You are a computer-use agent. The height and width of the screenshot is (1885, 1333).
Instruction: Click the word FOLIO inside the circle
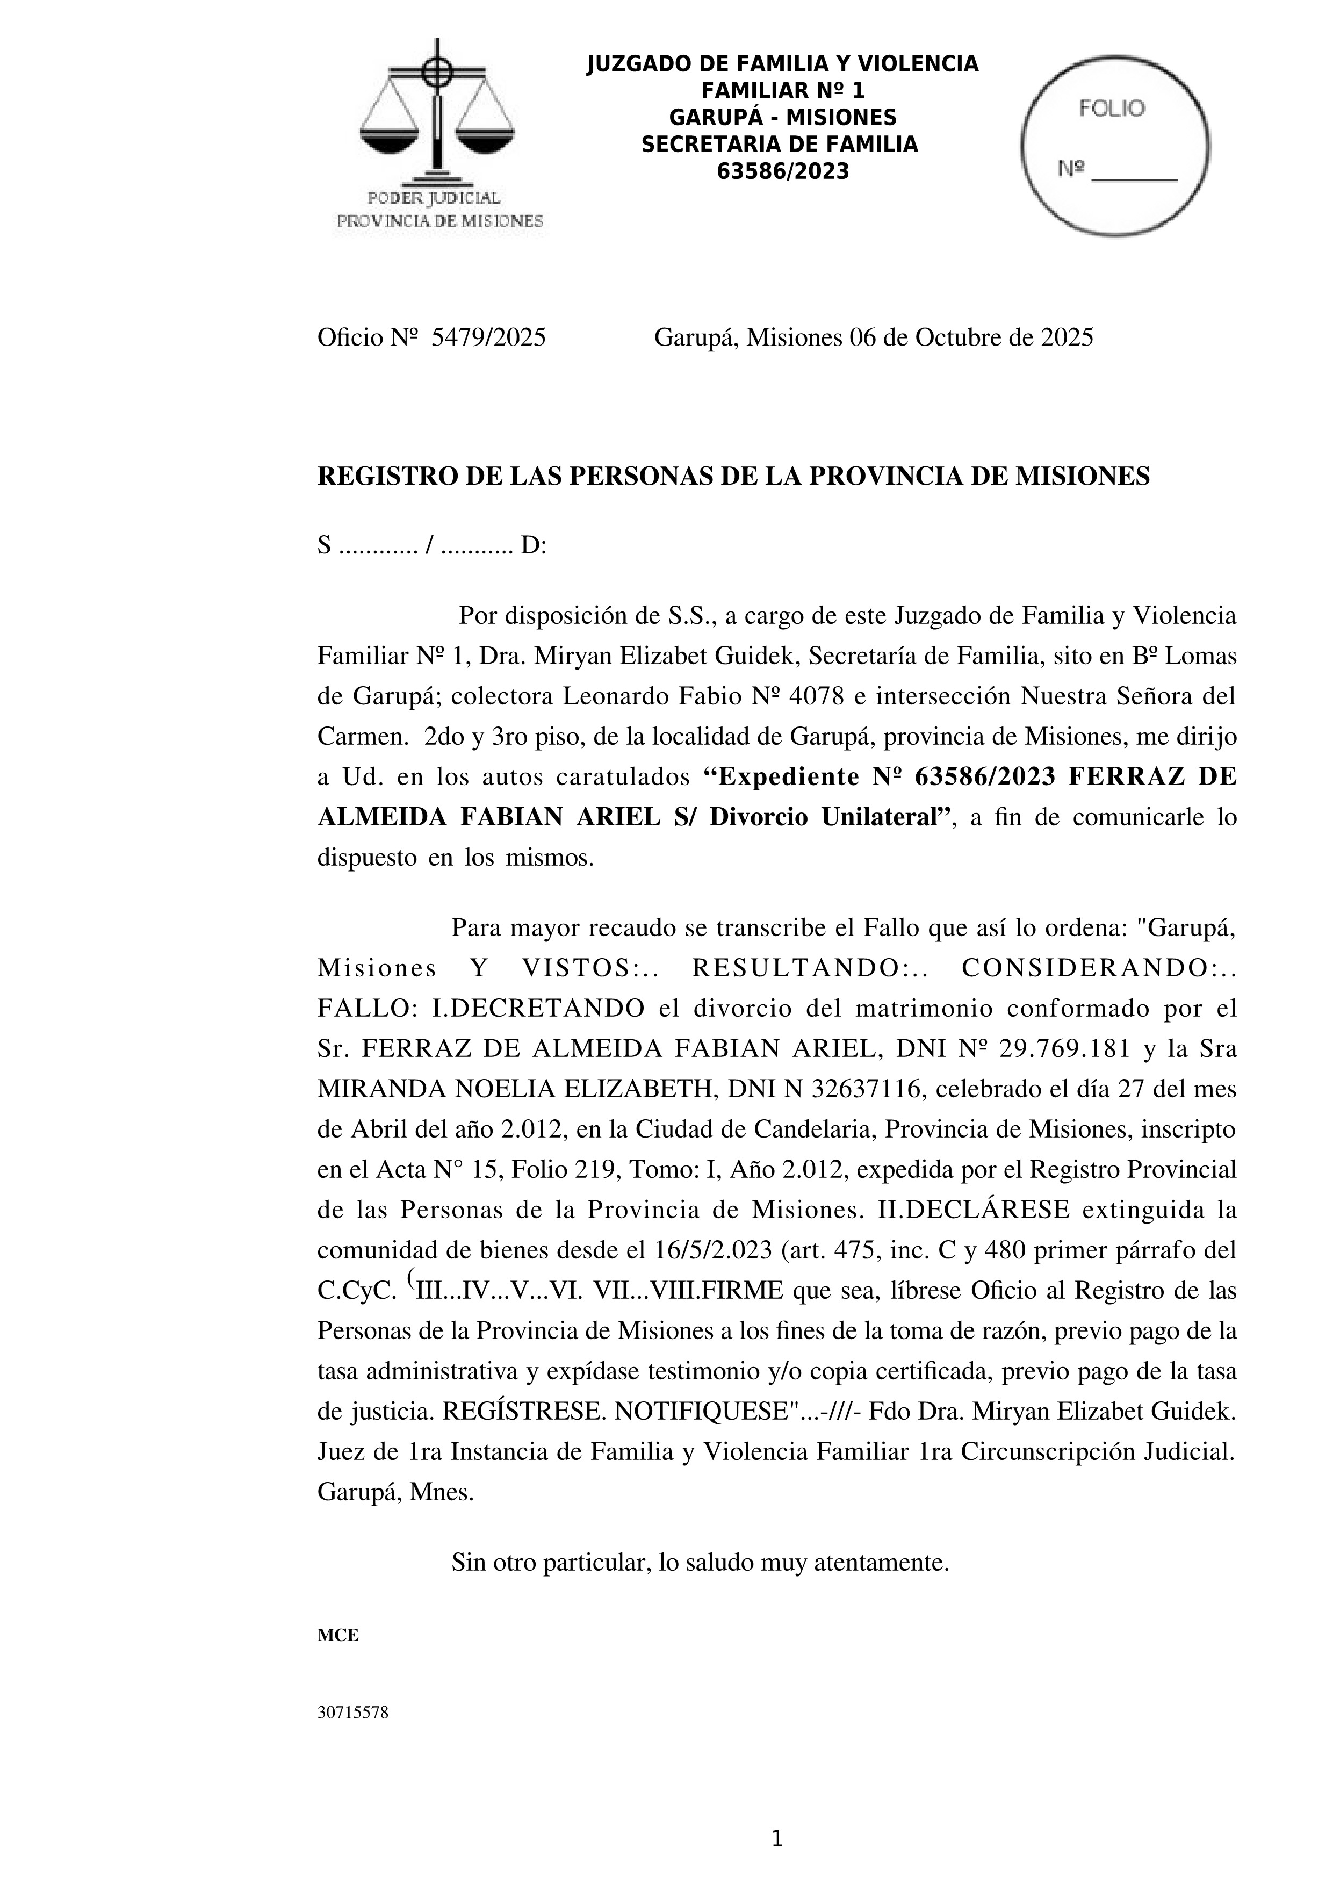click(x=1112, y=109)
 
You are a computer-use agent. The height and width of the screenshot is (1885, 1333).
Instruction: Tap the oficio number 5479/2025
click(x=488, y=337)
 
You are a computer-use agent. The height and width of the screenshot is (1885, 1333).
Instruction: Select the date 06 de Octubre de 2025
click(x=971, y=337)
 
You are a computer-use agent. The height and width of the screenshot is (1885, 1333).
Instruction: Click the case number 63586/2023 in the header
click(x=782, y=171)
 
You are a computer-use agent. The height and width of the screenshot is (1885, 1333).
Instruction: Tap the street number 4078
click(x=816, y=696)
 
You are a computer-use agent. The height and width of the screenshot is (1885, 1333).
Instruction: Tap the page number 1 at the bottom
click(x=777, y=1840)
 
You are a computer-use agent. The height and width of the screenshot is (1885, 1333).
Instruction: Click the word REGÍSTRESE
click(x=524, y=1411)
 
